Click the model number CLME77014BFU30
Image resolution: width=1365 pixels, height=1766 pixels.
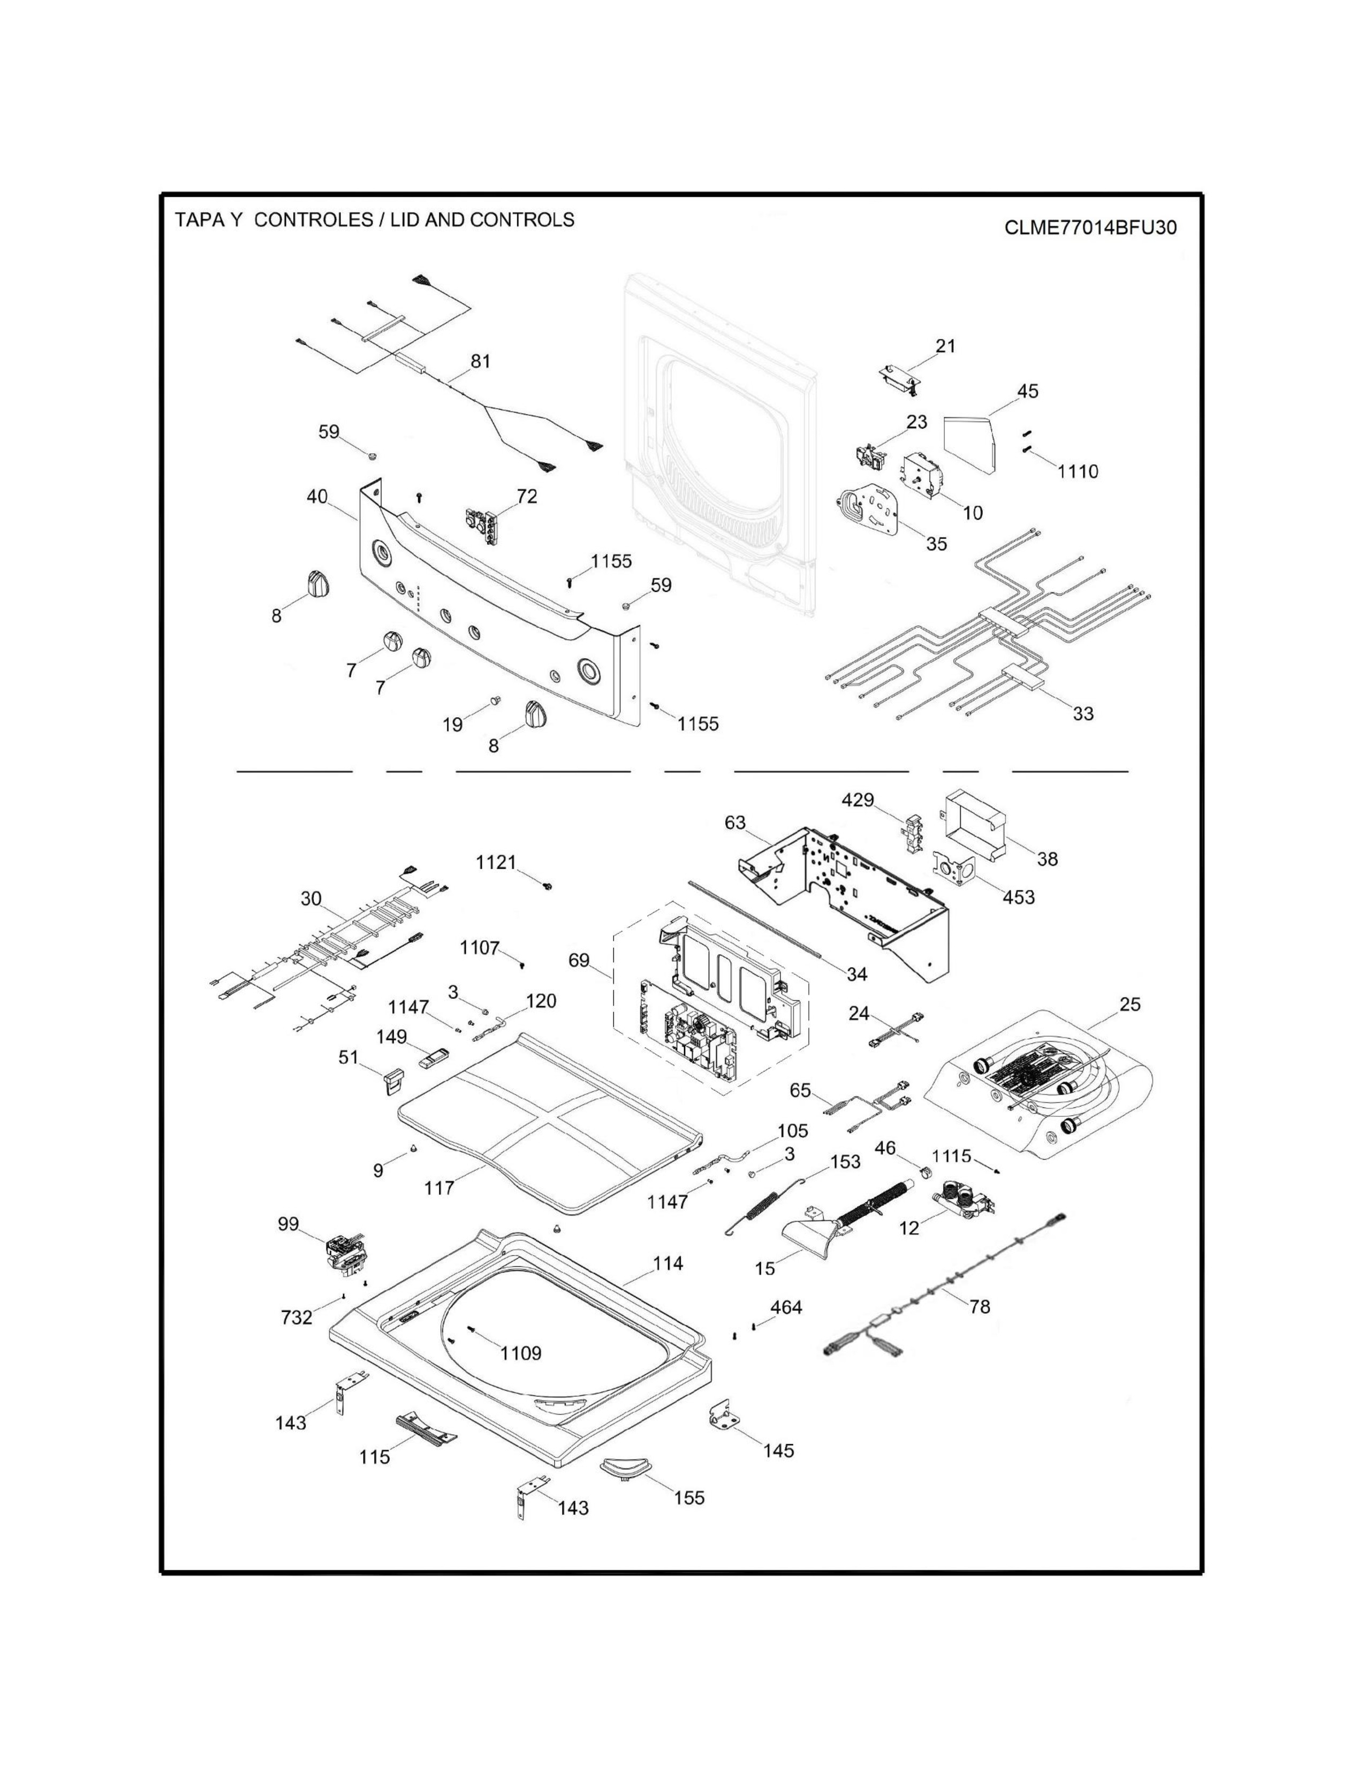coord(1090,227)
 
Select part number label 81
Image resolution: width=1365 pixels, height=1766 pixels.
coord(480,361)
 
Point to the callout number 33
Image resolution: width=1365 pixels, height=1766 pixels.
coord(1083,713)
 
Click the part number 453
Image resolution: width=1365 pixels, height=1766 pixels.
coord(1018,897)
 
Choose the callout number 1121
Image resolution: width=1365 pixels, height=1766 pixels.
coord(496,862)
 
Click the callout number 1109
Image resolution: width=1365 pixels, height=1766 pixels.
coord(521,1353)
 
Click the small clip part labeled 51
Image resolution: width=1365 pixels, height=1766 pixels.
coord(392,1080)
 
